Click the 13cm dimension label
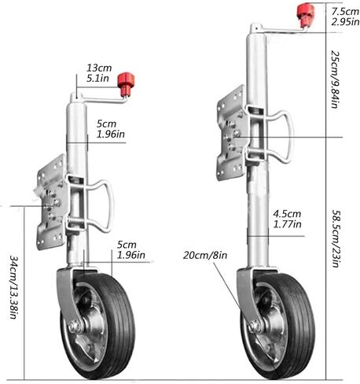pyautogui.click(x=99, y=68)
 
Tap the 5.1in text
pyautogui.click(x=97, y=79)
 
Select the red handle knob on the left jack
pyautogui.click(x=126, y=83)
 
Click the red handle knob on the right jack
pyautogui.click(x=305, y=14)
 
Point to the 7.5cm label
pyautogui.click(x=345, y=12)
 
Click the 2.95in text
pyautogui.click(x=345, y=22)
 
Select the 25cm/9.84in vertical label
pyautogui.click(x=335, y=79)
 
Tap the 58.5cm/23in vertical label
pyautogui.click(x=336, y=238)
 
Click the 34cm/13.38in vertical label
pyautogui.click(x=13, y=286)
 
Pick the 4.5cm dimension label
pyautogui.click(x=287, y=214)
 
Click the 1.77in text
pyautogui.click(x=287, y=224)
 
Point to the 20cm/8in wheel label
pyautogui.click(x=205, y=255)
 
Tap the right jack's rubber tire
pyautogui.click(x=301, y=325)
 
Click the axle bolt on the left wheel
pyautogui.click(x=74, y=327)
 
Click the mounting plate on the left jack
pyautogui.click(x=51, y=202)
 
